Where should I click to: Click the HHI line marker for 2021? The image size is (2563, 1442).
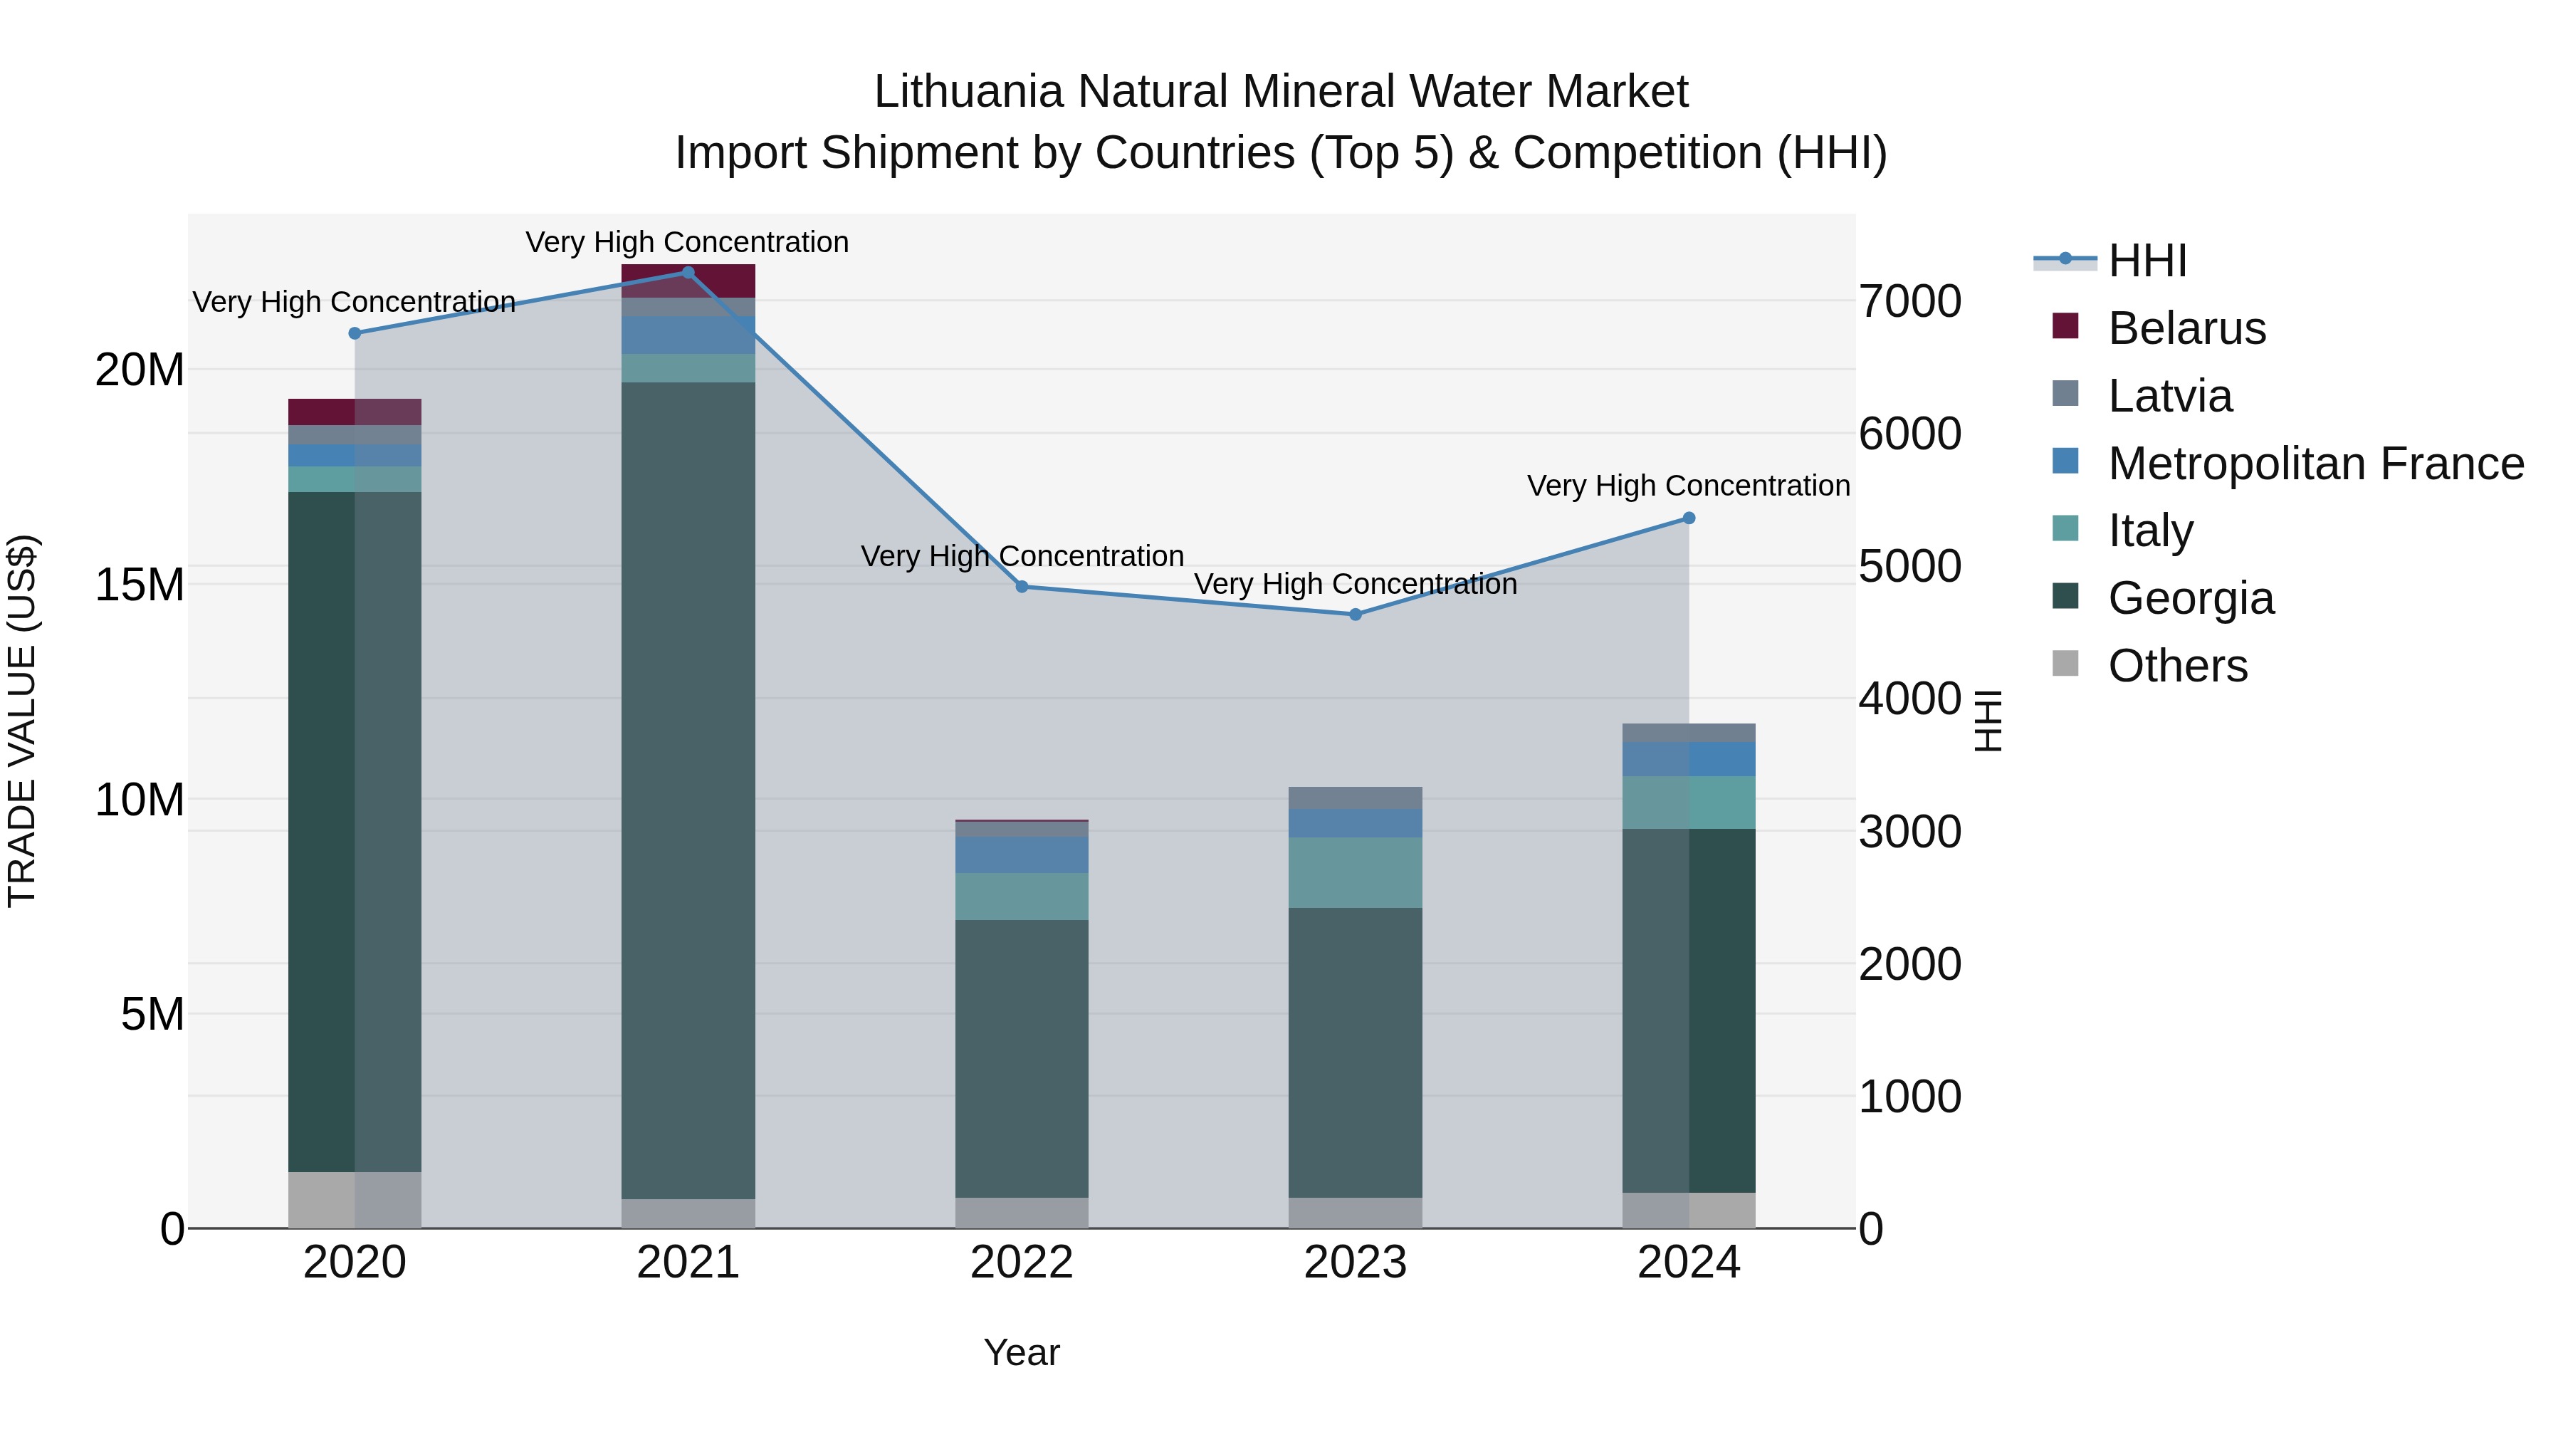688,273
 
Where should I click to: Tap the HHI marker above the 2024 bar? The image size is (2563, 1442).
1689,518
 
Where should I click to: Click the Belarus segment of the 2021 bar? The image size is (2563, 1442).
688,281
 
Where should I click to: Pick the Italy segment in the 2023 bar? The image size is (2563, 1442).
1355,873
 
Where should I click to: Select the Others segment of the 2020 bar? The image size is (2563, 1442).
355,1199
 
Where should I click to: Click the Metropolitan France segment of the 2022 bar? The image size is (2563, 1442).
1022,855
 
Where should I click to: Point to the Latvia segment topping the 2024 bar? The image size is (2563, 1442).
1689,733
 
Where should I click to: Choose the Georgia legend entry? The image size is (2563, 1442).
2190,598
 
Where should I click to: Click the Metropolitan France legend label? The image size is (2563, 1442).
2315,464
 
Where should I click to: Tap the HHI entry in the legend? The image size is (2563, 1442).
2147,261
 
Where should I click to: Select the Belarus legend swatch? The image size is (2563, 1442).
2065,326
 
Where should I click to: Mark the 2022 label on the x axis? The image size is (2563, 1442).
1022,1263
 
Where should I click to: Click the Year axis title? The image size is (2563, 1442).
1022,1352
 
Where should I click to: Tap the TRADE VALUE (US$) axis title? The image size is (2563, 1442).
22,721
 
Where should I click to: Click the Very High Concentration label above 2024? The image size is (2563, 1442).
1689,486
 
